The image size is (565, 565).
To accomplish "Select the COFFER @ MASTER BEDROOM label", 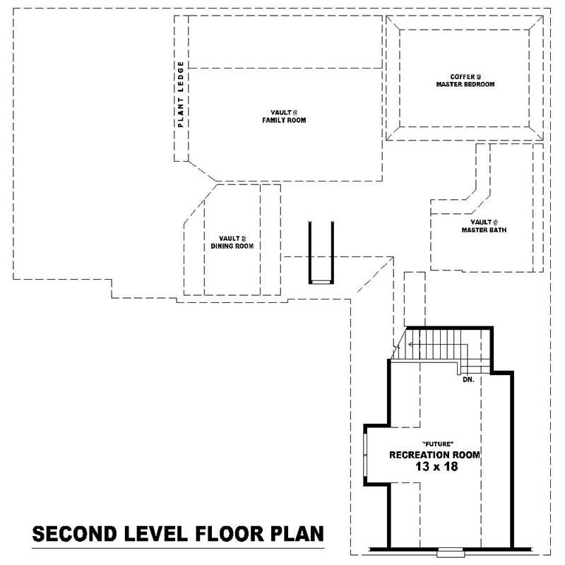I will pyautogui.click(x=465, y=80).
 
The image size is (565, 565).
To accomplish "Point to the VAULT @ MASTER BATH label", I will pyautogui.click(x=484, y=226).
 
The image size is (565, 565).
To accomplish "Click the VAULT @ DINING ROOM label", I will pyautogui.click(x=232, y=242).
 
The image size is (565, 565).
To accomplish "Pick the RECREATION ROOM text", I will pyautogui.click(x=434, y=455).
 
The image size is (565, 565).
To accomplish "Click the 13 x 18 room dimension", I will pyautogui.click(x=434, y=467).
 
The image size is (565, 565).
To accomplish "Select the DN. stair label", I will pyautogui.click(x=468, y=379).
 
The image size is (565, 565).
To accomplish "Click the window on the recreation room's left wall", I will pyautogui.click(x=365, y=456).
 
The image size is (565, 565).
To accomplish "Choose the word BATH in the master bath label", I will pyautogui.click(x=497, y=230).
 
